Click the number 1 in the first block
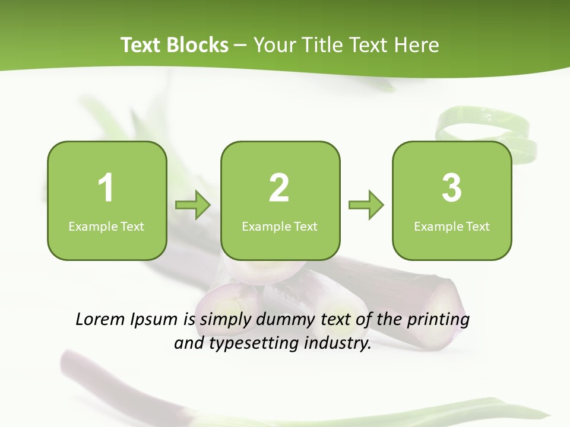[106, 188]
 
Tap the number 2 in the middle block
[279, 188]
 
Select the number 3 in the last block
[452, 188]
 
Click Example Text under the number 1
[106, 227]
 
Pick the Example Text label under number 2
[280, 227]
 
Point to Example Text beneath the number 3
[452, 227]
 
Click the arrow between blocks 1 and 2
[193, 205]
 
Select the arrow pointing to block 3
[366, 205]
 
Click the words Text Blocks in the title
[175, 45]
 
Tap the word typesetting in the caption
[252, 344]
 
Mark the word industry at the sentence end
[338, 343]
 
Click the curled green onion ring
[484, 128]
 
